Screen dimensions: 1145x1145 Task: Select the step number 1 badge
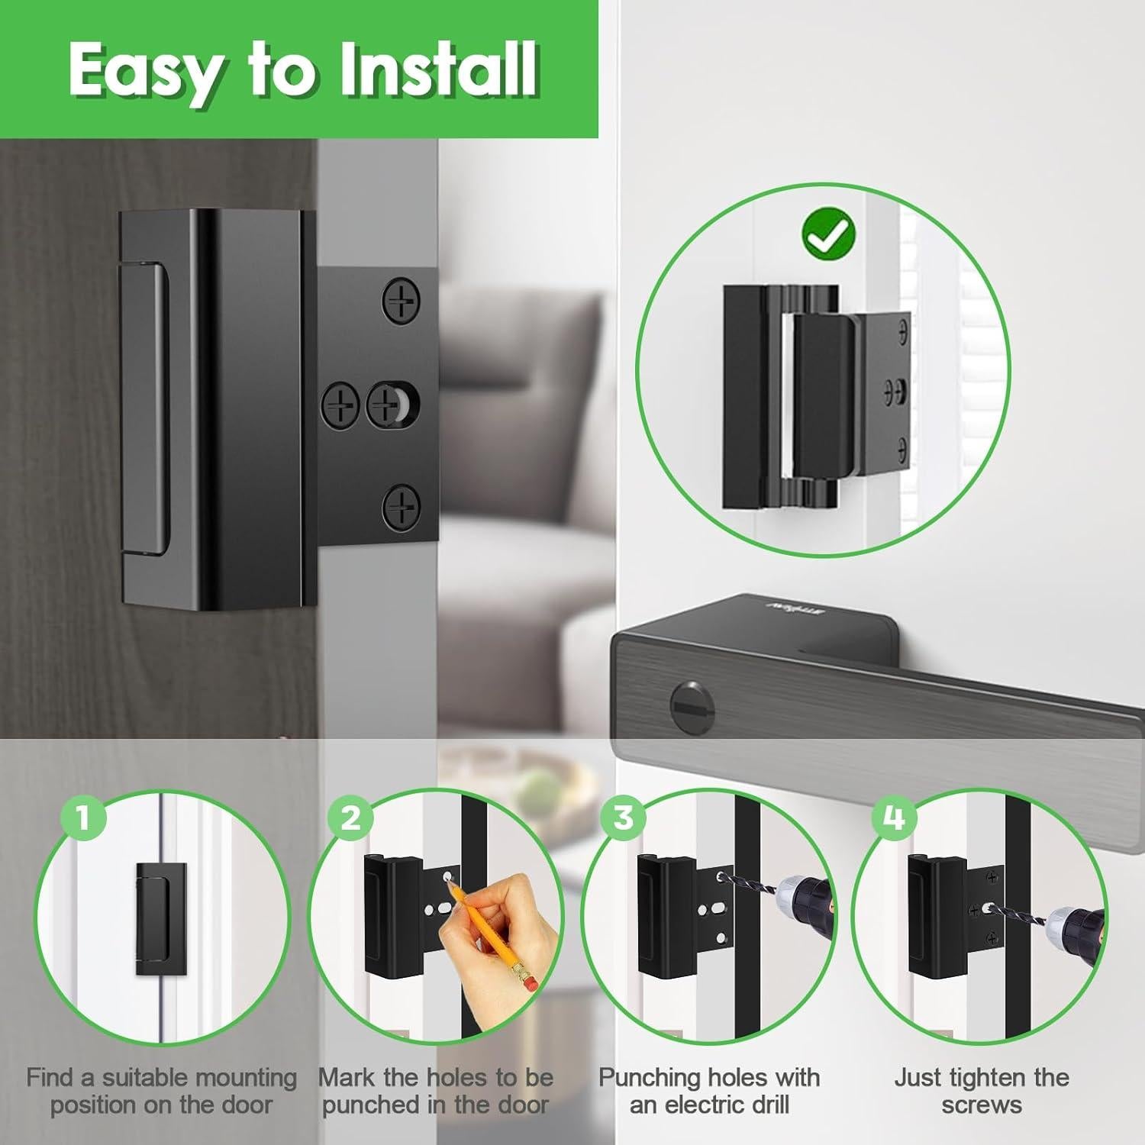[83, 818]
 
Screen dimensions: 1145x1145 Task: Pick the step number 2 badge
[350, 818]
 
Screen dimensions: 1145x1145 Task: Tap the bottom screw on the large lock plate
[401, 506]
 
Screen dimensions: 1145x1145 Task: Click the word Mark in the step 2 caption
[346, 1077]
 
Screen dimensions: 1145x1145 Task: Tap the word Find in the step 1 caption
[50, 1077]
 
